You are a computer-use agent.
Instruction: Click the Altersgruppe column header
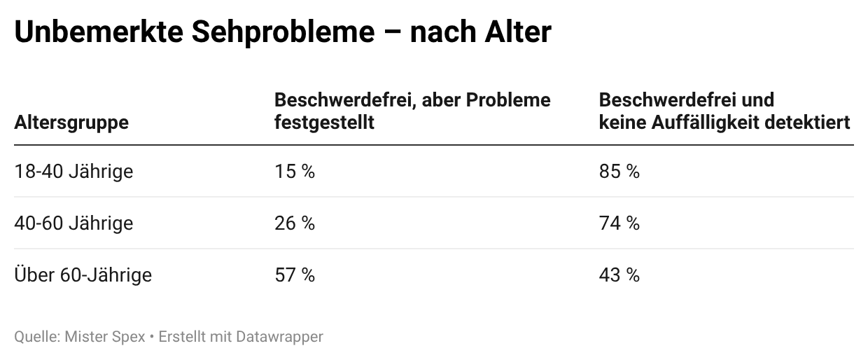pyautogui.click(x=71, y=123)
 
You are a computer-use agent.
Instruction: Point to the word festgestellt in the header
pyautogui.click(x=323, y=123)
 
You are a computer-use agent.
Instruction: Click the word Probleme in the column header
pyautogui.click(x=510, y=100)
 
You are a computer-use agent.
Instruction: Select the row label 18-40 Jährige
pyautogui.click(x=73, y=172)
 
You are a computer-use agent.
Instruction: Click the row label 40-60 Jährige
pyautogui.click(x=73, y=223)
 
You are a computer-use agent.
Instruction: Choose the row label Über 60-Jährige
pyautogui.click(x=83, y=275)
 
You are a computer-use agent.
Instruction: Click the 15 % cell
pyautogui.click(x=294, y=172)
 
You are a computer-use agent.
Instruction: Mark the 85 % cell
pyautogui.click(x=619, y=172)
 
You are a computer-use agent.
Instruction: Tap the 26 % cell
pyautogui.click(x=294, y=223)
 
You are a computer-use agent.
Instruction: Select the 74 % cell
pyautogui.click(x=619, y=223)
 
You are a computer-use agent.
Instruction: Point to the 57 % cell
pyautogui.click(x=294, y=275)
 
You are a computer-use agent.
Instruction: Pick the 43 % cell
pyautogui.click(x=619, y=275)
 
